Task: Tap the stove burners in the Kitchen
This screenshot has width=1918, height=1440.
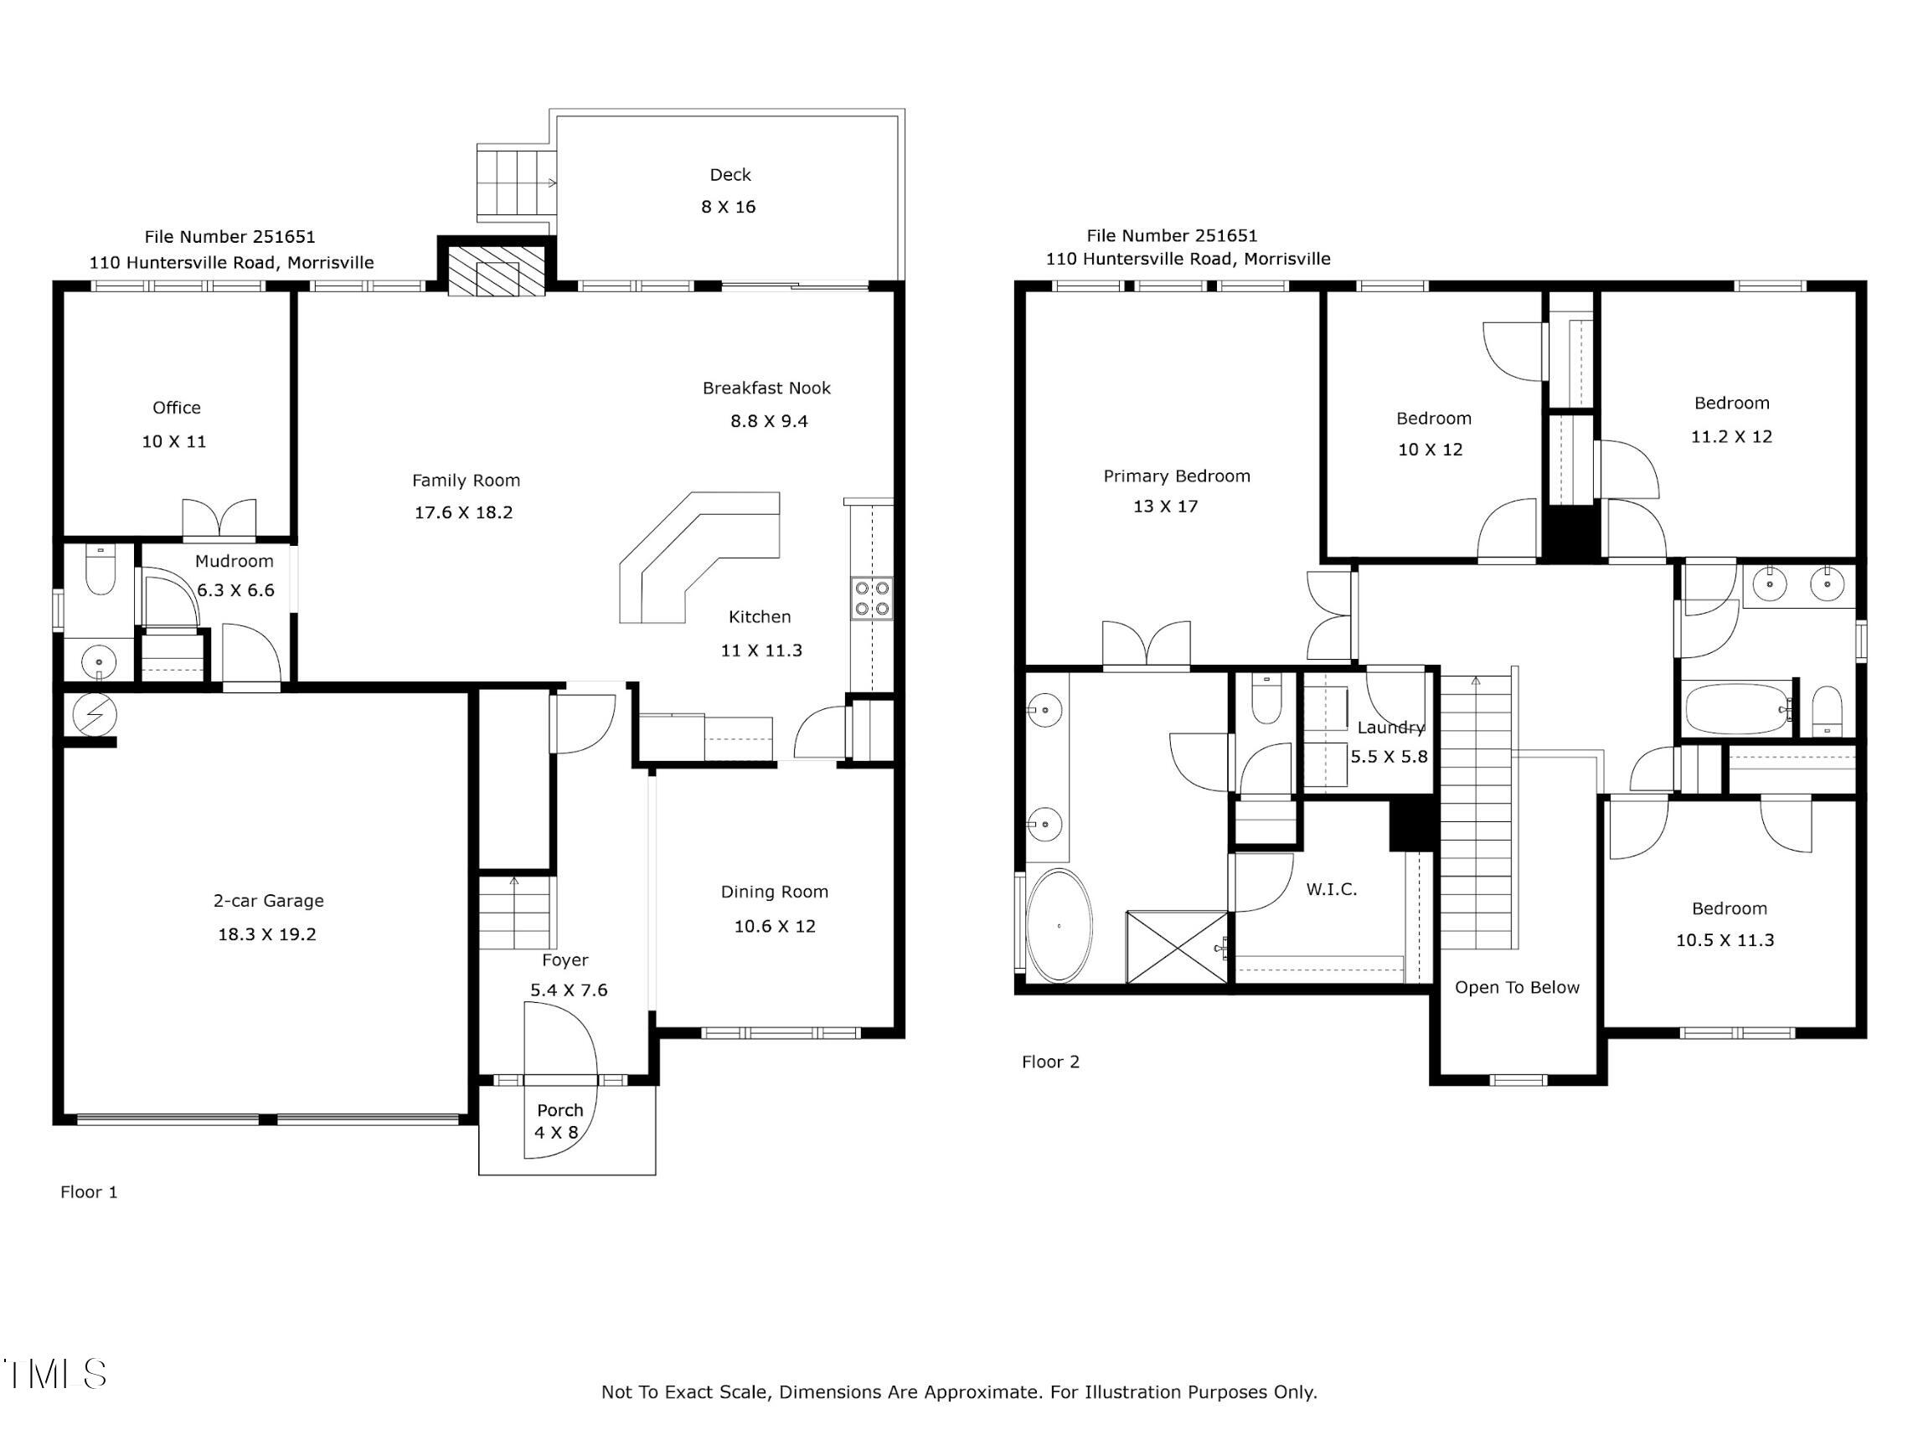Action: coord(872,599)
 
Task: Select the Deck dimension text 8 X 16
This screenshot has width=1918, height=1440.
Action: coord(729,206)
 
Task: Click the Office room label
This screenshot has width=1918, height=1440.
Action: coord(177,408)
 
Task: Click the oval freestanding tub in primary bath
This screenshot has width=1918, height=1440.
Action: coord(1059,926)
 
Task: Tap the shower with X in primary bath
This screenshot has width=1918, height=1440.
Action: coord(1178,947)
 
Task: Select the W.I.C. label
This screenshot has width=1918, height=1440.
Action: coord(1332,888)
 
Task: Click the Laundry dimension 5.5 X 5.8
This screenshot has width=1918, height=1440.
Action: coord(1389,756)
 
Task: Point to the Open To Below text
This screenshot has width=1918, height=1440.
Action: coord(1518,987)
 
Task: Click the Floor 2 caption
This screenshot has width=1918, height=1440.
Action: coord(1051,1062)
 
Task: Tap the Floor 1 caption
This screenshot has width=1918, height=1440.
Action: coord(90,1192)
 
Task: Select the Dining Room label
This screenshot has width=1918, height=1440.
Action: coord(774,892)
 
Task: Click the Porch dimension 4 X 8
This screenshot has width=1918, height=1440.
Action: coord(556,1132)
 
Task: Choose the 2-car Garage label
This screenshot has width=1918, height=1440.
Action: coord(269,901)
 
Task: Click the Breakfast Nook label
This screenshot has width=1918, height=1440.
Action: coord(766,388)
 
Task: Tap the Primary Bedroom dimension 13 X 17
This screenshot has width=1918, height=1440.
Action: coord(1165,507)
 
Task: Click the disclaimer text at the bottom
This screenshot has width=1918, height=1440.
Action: coord(959,1392)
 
